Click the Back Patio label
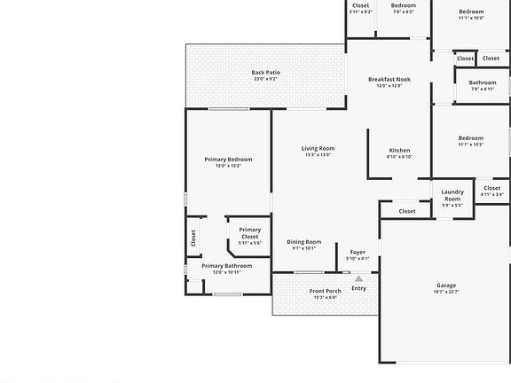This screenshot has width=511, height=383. pos(265,73)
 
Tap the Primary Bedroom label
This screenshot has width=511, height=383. pos(228,159)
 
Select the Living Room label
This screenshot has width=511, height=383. pos(318,148)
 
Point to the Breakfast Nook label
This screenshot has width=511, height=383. pos(390,79)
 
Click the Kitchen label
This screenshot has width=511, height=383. pos(400,151)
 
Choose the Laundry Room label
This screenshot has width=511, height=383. pos(452,195)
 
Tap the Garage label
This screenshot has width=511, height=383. pos(445,285)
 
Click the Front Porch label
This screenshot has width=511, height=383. pos(326,291)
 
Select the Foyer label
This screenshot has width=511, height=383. pos(358,252)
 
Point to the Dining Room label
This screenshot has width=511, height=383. pos(304,242)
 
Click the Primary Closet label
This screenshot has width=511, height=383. pos(250,233)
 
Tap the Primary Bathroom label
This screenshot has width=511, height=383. pos(226,266)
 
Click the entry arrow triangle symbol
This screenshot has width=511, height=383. pos(358,278)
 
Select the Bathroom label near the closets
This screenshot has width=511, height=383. pos(483,82)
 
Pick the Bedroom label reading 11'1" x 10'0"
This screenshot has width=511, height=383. pos(471,12)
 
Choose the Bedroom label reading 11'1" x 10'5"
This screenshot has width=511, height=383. pos(471,137)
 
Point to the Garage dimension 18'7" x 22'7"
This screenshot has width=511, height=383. pos(445,292)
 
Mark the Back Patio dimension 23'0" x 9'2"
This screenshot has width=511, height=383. pos(265,79)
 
